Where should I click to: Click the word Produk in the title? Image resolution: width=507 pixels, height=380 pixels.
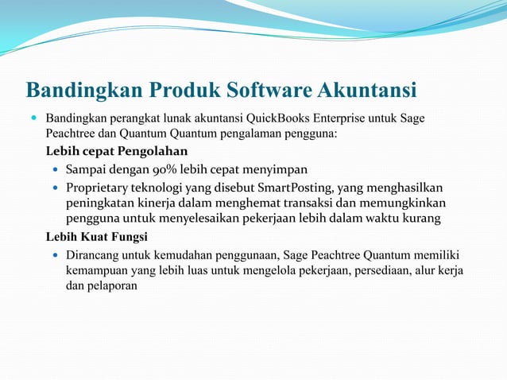(175, 89)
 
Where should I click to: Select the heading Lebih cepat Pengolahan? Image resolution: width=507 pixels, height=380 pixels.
(117, 151)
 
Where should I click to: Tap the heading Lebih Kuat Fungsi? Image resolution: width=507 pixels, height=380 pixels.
(96, 236)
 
